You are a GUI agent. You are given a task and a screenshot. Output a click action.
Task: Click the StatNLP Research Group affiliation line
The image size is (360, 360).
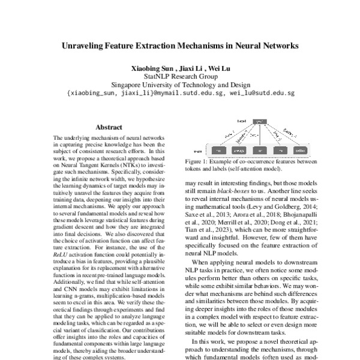(x=179, y=77)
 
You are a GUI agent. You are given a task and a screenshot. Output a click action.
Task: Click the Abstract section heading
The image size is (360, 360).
(x=109, y=127)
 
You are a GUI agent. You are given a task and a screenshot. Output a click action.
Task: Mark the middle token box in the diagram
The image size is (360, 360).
(x=259, y=148)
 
